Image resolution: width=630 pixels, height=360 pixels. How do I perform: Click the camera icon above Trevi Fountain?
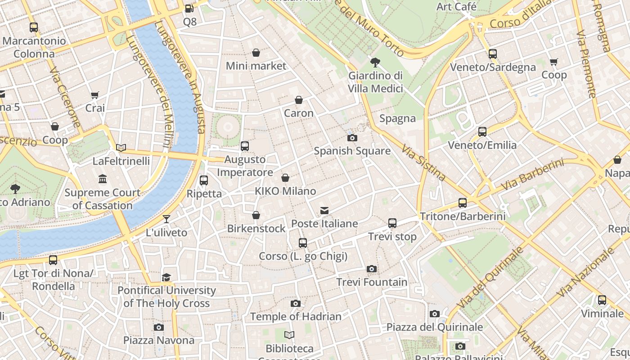[371, 269]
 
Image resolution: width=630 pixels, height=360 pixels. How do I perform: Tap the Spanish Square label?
[352, 151]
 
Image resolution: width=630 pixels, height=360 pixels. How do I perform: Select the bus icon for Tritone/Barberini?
[462, 203]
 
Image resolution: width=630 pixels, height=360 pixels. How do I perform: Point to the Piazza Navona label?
[158, 340]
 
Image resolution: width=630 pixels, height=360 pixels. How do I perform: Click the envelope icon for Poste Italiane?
[324, 211]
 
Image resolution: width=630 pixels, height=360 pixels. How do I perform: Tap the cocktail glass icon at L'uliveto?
[166, 219]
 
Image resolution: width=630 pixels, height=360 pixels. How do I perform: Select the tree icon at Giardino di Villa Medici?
[375, 63]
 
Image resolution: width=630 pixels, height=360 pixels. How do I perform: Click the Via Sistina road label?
[423, 162]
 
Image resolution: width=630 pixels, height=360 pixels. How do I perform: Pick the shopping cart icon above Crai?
[95, 95]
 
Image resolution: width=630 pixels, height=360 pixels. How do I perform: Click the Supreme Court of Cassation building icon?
[103, 179]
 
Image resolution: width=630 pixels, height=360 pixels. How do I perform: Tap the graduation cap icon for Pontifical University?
[166, 277]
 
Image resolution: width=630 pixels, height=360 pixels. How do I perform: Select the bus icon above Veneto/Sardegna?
[493, 54]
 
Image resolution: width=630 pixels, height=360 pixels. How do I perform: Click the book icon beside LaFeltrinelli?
[121, 148]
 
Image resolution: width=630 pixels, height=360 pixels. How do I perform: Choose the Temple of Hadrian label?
[296, 316]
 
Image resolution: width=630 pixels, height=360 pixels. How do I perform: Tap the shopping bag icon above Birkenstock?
[256, 215]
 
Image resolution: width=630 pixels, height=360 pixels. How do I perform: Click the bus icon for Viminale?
[602, 300]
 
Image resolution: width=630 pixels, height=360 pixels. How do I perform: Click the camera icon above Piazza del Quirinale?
[434, 314]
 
